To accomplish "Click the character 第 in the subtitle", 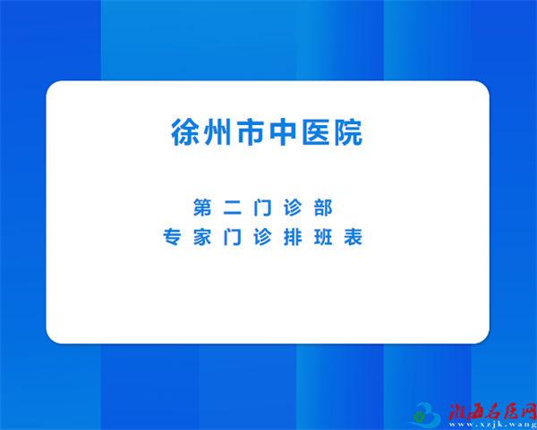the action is [x=202, y=207].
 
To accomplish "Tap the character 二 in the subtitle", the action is [x=233, y=207].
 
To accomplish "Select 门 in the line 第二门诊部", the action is [x=262, y=207].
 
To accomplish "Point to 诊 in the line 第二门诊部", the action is [x=293, y=207].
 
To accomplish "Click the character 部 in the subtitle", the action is [x=323, y=207].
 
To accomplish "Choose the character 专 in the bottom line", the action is [x=172, y=237].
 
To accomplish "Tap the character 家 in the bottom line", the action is [x=202, y=237].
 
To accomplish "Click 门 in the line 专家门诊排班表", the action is [x=233, y=237].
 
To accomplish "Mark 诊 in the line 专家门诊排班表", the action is [x=262, y=237].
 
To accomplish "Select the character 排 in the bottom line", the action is [x=293, y=237].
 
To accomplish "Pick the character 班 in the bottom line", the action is [x=323, y=237].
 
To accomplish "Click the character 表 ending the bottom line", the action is [x=354, y=237].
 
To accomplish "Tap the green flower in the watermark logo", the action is [x=418, y=417].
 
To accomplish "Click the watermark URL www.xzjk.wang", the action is [x=493, y=424].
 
